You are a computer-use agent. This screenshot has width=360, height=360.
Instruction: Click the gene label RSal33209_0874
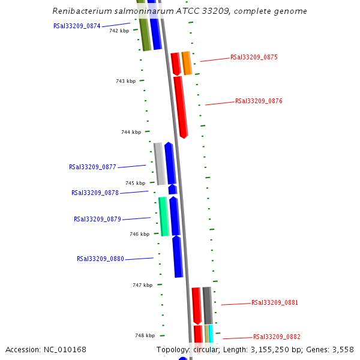tap(77, 26)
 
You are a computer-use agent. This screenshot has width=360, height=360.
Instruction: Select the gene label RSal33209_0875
tap(254, 58)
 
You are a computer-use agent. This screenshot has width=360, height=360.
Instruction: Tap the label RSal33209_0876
tap(259, 101)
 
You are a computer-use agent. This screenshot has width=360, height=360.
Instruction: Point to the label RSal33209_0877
tap(92, 167)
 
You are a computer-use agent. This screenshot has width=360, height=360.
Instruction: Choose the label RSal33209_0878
tap(95, 193)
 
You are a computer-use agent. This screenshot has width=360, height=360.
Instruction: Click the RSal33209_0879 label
tap(97, 219)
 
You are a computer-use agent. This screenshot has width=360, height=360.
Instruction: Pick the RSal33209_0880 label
tap(100, 259)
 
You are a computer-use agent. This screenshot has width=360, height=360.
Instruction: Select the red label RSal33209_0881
tap(274, 302)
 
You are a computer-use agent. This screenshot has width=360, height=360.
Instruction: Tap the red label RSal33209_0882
tap(277, 337)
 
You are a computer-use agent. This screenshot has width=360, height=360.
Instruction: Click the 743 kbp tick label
tap(125, 81)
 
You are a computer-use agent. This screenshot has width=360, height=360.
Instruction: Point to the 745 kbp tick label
tap(135, 183)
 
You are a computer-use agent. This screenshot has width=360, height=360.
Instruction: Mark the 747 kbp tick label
tap(142, 285)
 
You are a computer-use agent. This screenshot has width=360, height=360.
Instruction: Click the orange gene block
tap(187, 63)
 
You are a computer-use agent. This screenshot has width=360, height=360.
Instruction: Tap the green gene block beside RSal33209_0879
tap(163, 216)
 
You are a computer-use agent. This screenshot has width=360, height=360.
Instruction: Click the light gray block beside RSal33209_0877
tap(160, 163)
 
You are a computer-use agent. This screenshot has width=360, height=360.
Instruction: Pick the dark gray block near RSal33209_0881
tap(207, 305)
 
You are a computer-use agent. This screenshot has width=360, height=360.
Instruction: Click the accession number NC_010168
tap(64, 349)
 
